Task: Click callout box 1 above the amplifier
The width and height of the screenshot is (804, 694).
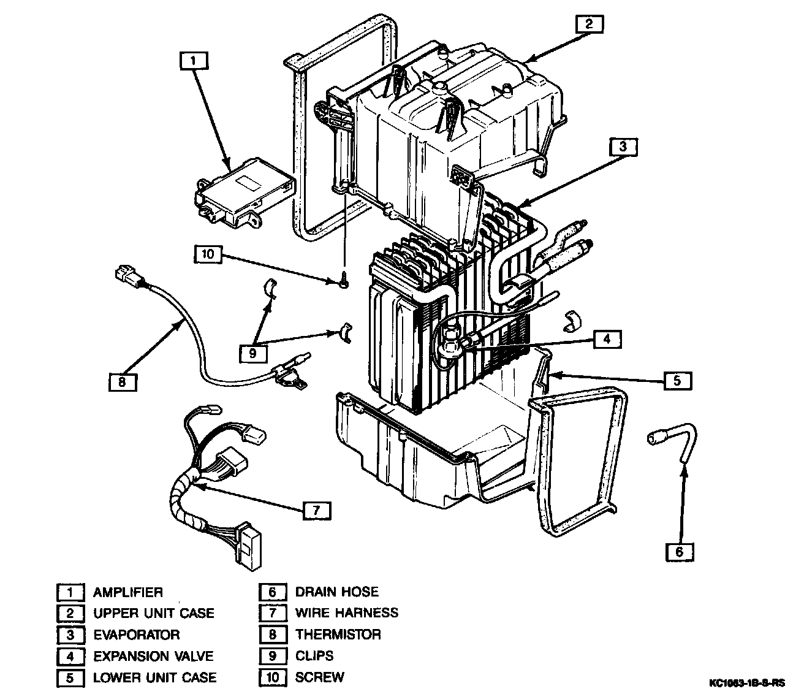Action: click(194, 61)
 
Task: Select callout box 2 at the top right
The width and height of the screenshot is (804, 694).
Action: click(589, 24)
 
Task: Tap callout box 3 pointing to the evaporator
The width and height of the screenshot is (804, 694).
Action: click(623, 147)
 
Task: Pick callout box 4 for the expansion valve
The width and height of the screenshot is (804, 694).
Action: click(606, 339)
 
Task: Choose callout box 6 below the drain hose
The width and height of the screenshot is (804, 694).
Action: click(679, 552)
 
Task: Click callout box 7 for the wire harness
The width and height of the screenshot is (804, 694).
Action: click(316, 511)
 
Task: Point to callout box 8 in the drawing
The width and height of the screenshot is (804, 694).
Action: click(122, 382)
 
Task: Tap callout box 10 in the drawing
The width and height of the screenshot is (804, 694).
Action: click(208, 254)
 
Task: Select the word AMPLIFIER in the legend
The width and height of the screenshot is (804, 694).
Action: click(127, 592)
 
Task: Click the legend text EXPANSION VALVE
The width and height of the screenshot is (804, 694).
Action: click(153, 656)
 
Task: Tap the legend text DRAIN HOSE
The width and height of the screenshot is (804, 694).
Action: click(336, 592)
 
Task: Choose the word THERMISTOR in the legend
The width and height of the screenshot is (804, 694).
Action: click(338, 635)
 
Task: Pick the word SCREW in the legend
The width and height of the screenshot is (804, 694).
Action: click(319, 677)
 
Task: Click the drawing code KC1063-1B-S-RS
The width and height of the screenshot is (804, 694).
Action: click(747, 682)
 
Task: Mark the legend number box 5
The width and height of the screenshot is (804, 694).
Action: click(70, 678)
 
